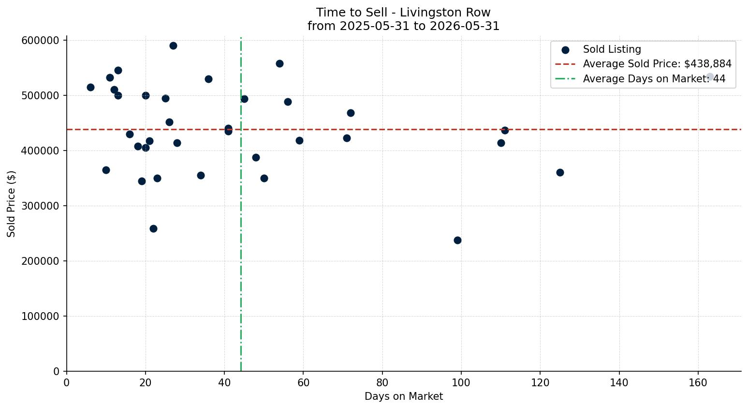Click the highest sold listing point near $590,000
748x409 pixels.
[173, 46]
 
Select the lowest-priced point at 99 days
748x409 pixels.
[457, 240]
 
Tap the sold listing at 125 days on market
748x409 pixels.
[560, 172]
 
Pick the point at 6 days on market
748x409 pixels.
[90, 87]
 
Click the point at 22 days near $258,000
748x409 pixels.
[153, 228]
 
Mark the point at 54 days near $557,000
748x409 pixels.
[279, 63]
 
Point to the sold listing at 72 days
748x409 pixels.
[351, 113]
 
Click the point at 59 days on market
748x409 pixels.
[299, 140]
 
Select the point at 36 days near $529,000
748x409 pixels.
[208, 79]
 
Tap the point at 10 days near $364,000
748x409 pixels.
[106, 170]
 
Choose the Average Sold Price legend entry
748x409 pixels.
[643, 64]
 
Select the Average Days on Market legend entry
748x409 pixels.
[640, 79]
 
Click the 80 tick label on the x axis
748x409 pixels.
[382, 382]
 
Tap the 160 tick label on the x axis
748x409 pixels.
[698, 382]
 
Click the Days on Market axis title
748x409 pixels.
[404, 396]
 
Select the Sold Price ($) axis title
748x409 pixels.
[11, 204]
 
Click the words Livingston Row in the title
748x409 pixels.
[445, 13]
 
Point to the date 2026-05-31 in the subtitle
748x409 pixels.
[465, 26]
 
